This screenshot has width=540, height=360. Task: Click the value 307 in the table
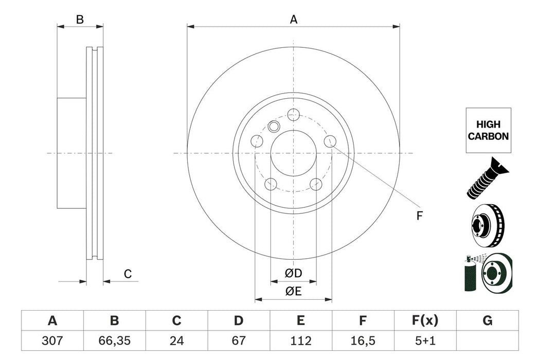pos(52,340)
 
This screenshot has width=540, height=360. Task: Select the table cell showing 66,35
pos(114,340)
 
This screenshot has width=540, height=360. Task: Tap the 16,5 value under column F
pos(363,340)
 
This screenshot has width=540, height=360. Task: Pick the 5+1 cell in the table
pos(425,340)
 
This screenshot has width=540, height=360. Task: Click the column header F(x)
pos(425,321)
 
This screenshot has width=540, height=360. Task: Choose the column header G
pos(487,321)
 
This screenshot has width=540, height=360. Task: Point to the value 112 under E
pos(300,340)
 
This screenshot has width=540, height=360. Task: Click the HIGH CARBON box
pos(488,130)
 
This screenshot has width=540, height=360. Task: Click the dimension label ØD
pos(294,273)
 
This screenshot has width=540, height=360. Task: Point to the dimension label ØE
pos(294,291)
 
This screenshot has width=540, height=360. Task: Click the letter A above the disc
pos(294,20)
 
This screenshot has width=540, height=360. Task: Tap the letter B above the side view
pos(80,20)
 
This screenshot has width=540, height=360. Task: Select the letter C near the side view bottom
pos(128,274)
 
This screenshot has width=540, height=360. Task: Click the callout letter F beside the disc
pos(419,217)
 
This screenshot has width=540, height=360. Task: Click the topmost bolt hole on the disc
pos(294,115)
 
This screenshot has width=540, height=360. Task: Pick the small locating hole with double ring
pos(274,127)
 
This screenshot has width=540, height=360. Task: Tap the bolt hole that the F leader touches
pos(330,141)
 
